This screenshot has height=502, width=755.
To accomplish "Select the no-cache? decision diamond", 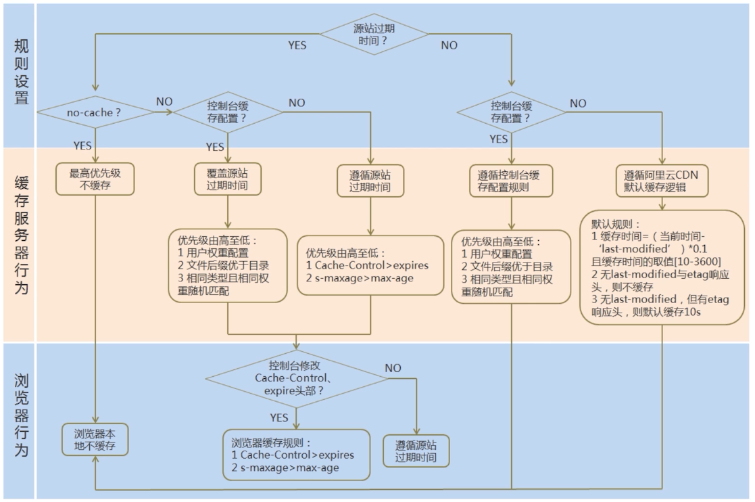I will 95,112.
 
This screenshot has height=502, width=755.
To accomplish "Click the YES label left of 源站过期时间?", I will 297,45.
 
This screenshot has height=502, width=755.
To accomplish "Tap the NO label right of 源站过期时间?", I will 449,45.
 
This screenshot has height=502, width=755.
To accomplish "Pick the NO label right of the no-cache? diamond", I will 164,101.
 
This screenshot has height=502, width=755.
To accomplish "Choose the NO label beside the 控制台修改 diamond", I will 393,368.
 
